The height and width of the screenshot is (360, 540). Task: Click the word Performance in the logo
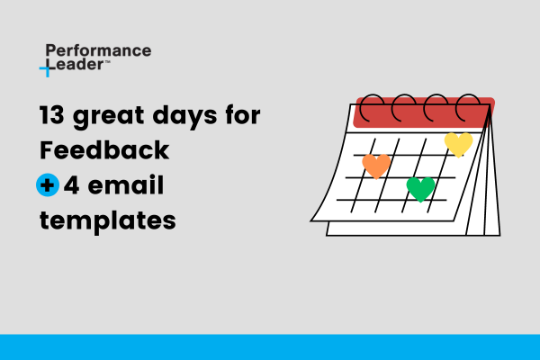(97, 50)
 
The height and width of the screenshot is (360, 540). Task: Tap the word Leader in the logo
(80, 67)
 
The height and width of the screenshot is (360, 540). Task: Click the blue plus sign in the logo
(48, 68)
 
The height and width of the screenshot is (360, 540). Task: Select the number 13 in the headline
(53, 117)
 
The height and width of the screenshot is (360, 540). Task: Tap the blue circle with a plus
(48, 185)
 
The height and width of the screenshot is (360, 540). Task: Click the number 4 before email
(72, 185)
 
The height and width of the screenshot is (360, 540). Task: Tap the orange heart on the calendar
(376, 166)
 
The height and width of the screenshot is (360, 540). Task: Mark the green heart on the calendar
(420, 188)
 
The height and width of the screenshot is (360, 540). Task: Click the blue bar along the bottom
(270, 346)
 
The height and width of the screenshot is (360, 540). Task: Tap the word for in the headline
(246, 117)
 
